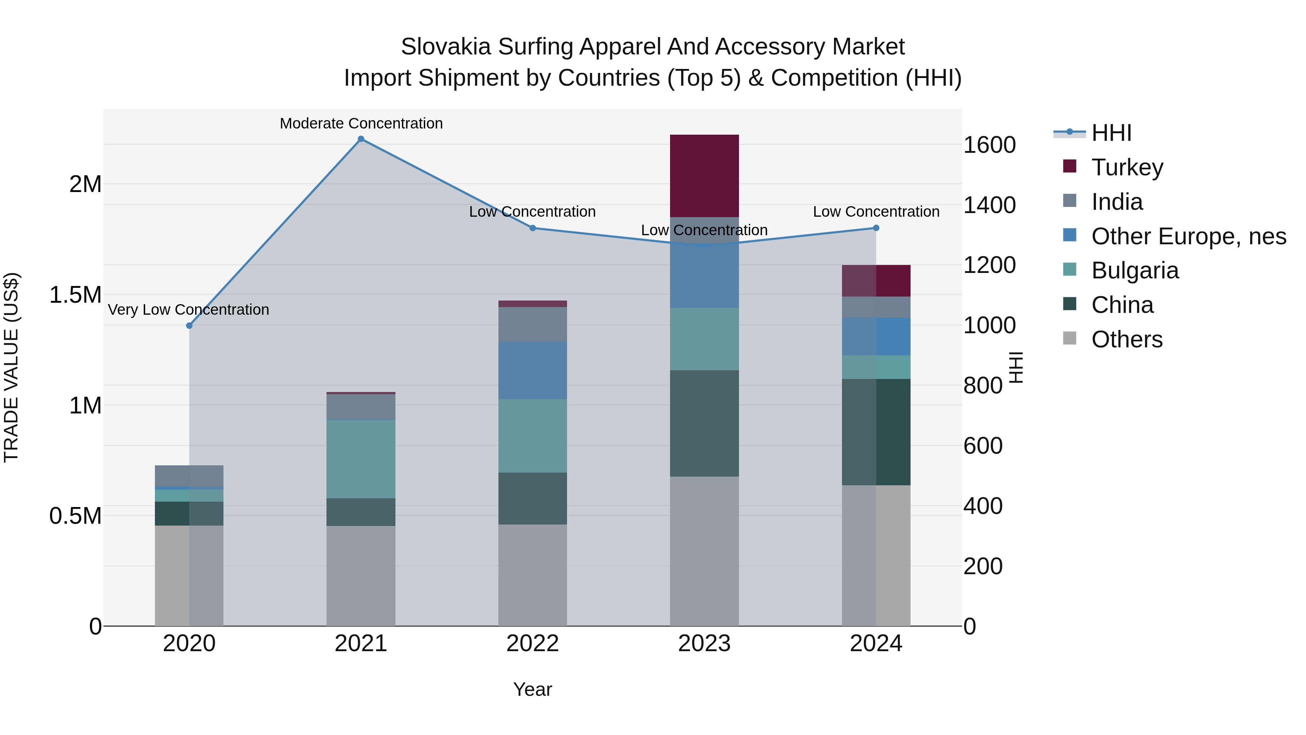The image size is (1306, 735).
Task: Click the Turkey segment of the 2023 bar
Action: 704,176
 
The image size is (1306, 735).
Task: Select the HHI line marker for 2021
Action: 361,139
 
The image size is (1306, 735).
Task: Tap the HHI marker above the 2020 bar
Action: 189,326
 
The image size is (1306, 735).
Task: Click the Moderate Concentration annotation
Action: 361,123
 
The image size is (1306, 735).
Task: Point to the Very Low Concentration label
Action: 189,309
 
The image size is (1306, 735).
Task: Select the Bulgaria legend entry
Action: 1135,270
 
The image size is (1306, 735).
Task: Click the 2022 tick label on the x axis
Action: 532,644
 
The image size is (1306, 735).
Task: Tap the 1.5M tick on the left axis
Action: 75,295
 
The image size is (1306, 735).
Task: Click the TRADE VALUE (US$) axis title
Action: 11,367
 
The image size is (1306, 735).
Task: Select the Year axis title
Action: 532,689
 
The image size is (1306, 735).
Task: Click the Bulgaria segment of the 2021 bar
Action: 361,459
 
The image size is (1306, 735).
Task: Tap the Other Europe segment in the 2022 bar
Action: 532,370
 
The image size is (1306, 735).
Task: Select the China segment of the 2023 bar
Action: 704,423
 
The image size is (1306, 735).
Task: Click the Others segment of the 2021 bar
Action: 361,576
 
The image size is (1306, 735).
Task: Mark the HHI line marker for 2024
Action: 876,228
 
